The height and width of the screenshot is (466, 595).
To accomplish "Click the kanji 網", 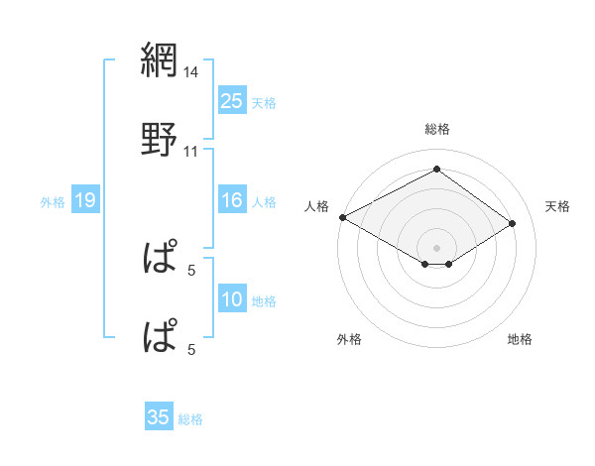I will coord(159,61).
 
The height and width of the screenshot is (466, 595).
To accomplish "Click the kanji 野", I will coord(159,140).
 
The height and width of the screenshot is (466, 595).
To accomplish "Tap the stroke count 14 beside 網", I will coord(191,72).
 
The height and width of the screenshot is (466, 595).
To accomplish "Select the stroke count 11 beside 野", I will coord(191,152).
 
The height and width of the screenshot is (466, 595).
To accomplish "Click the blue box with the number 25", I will coord(231,100).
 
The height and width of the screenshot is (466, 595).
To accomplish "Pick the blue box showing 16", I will coord(231,201).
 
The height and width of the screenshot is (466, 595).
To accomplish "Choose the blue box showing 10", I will coord(231,300).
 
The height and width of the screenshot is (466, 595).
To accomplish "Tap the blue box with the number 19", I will coord(84,201).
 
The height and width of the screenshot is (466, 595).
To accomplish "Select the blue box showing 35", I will coord(159,417).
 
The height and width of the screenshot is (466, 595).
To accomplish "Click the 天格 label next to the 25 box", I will coord(264,102).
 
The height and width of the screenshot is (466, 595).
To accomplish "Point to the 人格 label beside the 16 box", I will coord(264,202).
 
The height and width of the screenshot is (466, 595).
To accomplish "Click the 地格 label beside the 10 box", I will coord(264,301).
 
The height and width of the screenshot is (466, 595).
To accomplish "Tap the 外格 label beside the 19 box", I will coord(53,202).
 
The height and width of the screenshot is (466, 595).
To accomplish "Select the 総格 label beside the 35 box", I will coord(190,419).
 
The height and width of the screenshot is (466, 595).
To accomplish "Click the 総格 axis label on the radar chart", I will coord(437,129).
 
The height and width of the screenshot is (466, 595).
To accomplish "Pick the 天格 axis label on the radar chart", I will coord(557,206).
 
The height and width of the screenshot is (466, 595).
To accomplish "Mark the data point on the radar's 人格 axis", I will coord(342,216).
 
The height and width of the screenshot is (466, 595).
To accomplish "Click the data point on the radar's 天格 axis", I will coord(513,224).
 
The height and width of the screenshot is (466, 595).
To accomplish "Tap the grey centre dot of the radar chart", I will coord(437,247).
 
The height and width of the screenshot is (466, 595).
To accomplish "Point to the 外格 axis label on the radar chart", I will coord(349,339).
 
